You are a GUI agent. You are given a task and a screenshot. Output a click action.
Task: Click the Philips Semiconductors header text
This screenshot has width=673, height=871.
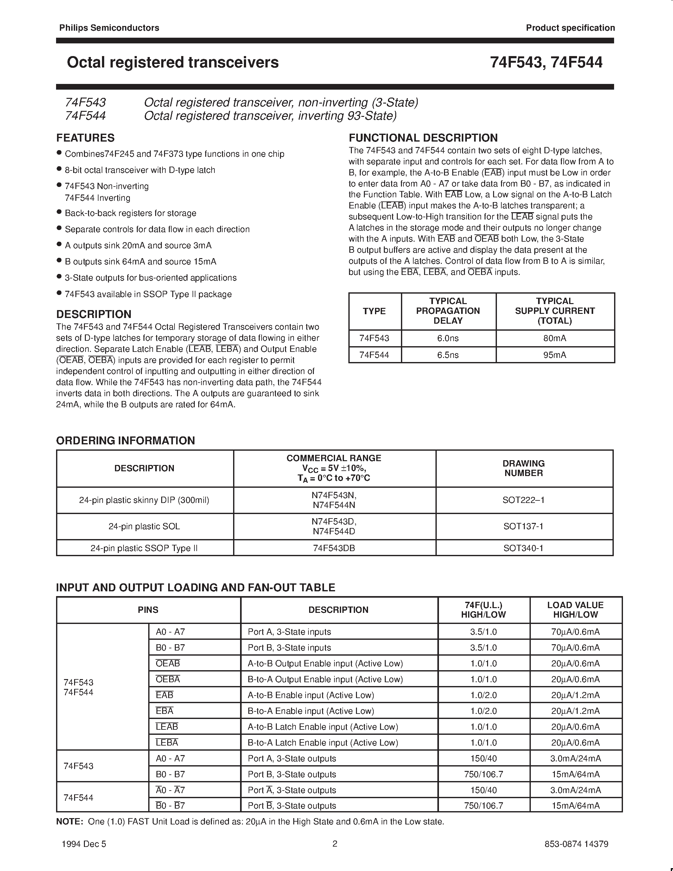click(109, 28)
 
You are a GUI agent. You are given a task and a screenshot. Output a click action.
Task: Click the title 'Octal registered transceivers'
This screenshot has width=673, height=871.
click(173, 63)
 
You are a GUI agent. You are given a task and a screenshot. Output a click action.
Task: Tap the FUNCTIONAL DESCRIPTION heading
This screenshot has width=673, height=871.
click(423, 138)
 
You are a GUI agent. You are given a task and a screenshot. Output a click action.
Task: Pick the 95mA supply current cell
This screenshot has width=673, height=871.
click(555, 355)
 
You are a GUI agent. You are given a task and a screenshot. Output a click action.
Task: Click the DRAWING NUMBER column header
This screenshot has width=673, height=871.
click(524, 468)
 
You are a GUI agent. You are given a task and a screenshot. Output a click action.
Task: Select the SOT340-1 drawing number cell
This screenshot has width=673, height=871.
click(524, 548)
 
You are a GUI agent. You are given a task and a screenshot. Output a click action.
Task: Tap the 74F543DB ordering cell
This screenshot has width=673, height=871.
click(334, 548)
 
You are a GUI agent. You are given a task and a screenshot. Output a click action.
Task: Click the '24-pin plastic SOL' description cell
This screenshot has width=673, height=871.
click(144, 526)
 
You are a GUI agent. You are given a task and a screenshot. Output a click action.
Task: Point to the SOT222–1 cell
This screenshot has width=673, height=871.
click(524, 500)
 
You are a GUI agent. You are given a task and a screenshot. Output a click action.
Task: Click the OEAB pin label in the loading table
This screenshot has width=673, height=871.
click(168, 664)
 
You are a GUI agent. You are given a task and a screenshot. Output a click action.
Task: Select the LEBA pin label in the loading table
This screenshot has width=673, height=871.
click(167, 743)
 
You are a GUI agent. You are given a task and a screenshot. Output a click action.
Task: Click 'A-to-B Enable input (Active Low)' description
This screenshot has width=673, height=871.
click(311, 695)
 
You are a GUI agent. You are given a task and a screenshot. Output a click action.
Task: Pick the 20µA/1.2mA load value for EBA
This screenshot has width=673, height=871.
click(575, 711)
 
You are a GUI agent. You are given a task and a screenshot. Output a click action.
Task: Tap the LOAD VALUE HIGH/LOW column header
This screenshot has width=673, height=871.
click(575, 610)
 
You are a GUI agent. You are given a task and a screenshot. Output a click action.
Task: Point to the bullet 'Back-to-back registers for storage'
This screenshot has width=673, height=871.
click(130, 213)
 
